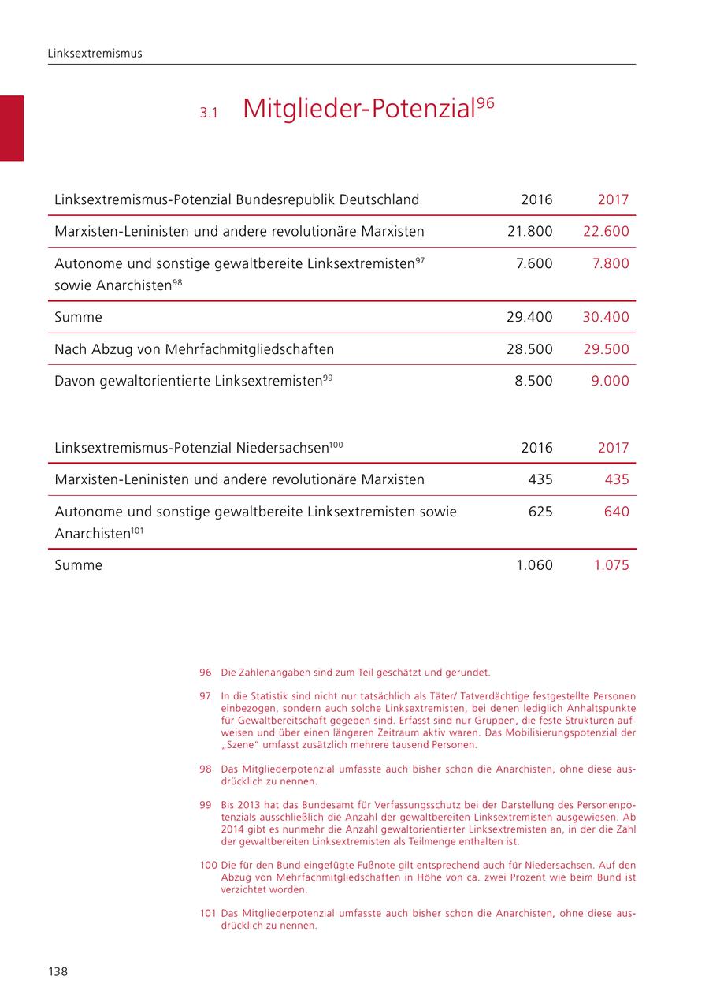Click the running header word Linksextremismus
(x=95, y=54)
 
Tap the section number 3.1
(x=208, y=114)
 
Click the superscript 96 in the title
(x=485, y=103)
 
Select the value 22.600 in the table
(x=606, y=232)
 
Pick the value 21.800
(x=529, y=232)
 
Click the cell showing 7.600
(x=534, y=263)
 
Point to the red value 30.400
(x=606, y=318)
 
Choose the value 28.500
(x=529, y=349)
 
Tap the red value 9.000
(x=611, y=381)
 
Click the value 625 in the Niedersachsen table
(x=540, y=512)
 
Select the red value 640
(x=617, y=512)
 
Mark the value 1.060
(x=534, y=565)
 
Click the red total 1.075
(x=611, y=565)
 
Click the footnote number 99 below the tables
(x=206, y=805)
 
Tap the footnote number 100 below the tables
(x=208, y=866)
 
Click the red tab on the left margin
(x=12, y=128)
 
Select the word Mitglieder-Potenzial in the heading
(x=359, y=110)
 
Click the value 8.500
(x=534, y=381)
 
